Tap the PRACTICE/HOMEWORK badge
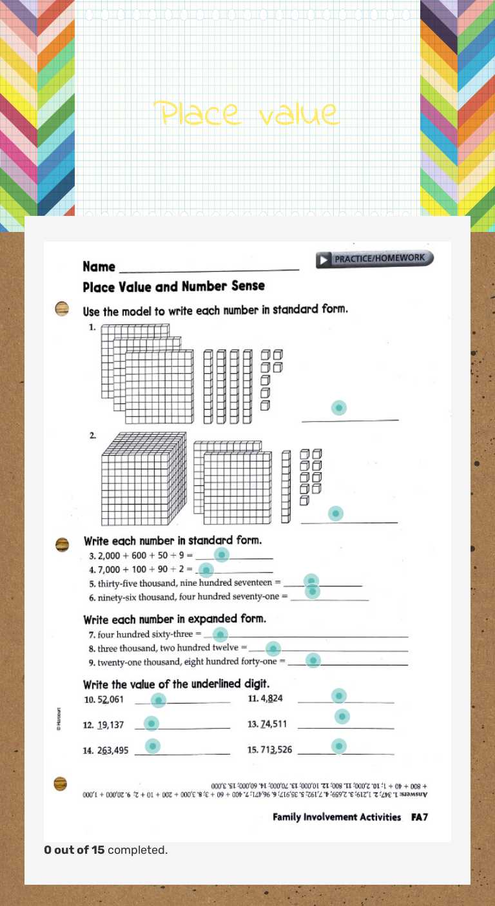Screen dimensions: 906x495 (x=374, y=259)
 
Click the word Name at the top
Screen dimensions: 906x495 (x=99, y=267)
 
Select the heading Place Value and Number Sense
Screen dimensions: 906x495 (x=173, y=286)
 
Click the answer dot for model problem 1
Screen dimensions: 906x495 (x=338, y=408)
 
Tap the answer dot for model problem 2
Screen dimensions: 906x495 (x=335, y=513)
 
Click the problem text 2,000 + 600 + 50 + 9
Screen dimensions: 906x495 (x=141, y=555)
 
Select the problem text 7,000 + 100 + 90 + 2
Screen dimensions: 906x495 (x=141, y=570)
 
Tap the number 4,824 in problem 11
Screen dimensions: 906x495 (x=271, y=699)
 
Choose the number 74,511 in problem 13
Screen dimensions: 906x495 (x=273, y=724)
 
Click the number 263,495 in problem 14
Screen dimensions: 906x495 (x=113, y=750)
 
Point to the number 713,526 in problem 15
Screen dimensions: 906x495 (x=276, y=749)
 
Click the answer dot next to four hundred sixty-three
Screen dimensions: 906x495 (x=220, y=634)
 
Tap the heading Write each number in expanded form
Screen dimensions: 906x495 (x=174, y=619)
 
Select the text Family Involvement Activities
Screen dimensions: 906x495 (x=336, y=817)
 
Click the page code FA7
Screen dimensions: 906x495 (x=420, y=817)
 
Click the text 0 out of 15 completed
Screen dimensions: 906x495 (x=106, y=850)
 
